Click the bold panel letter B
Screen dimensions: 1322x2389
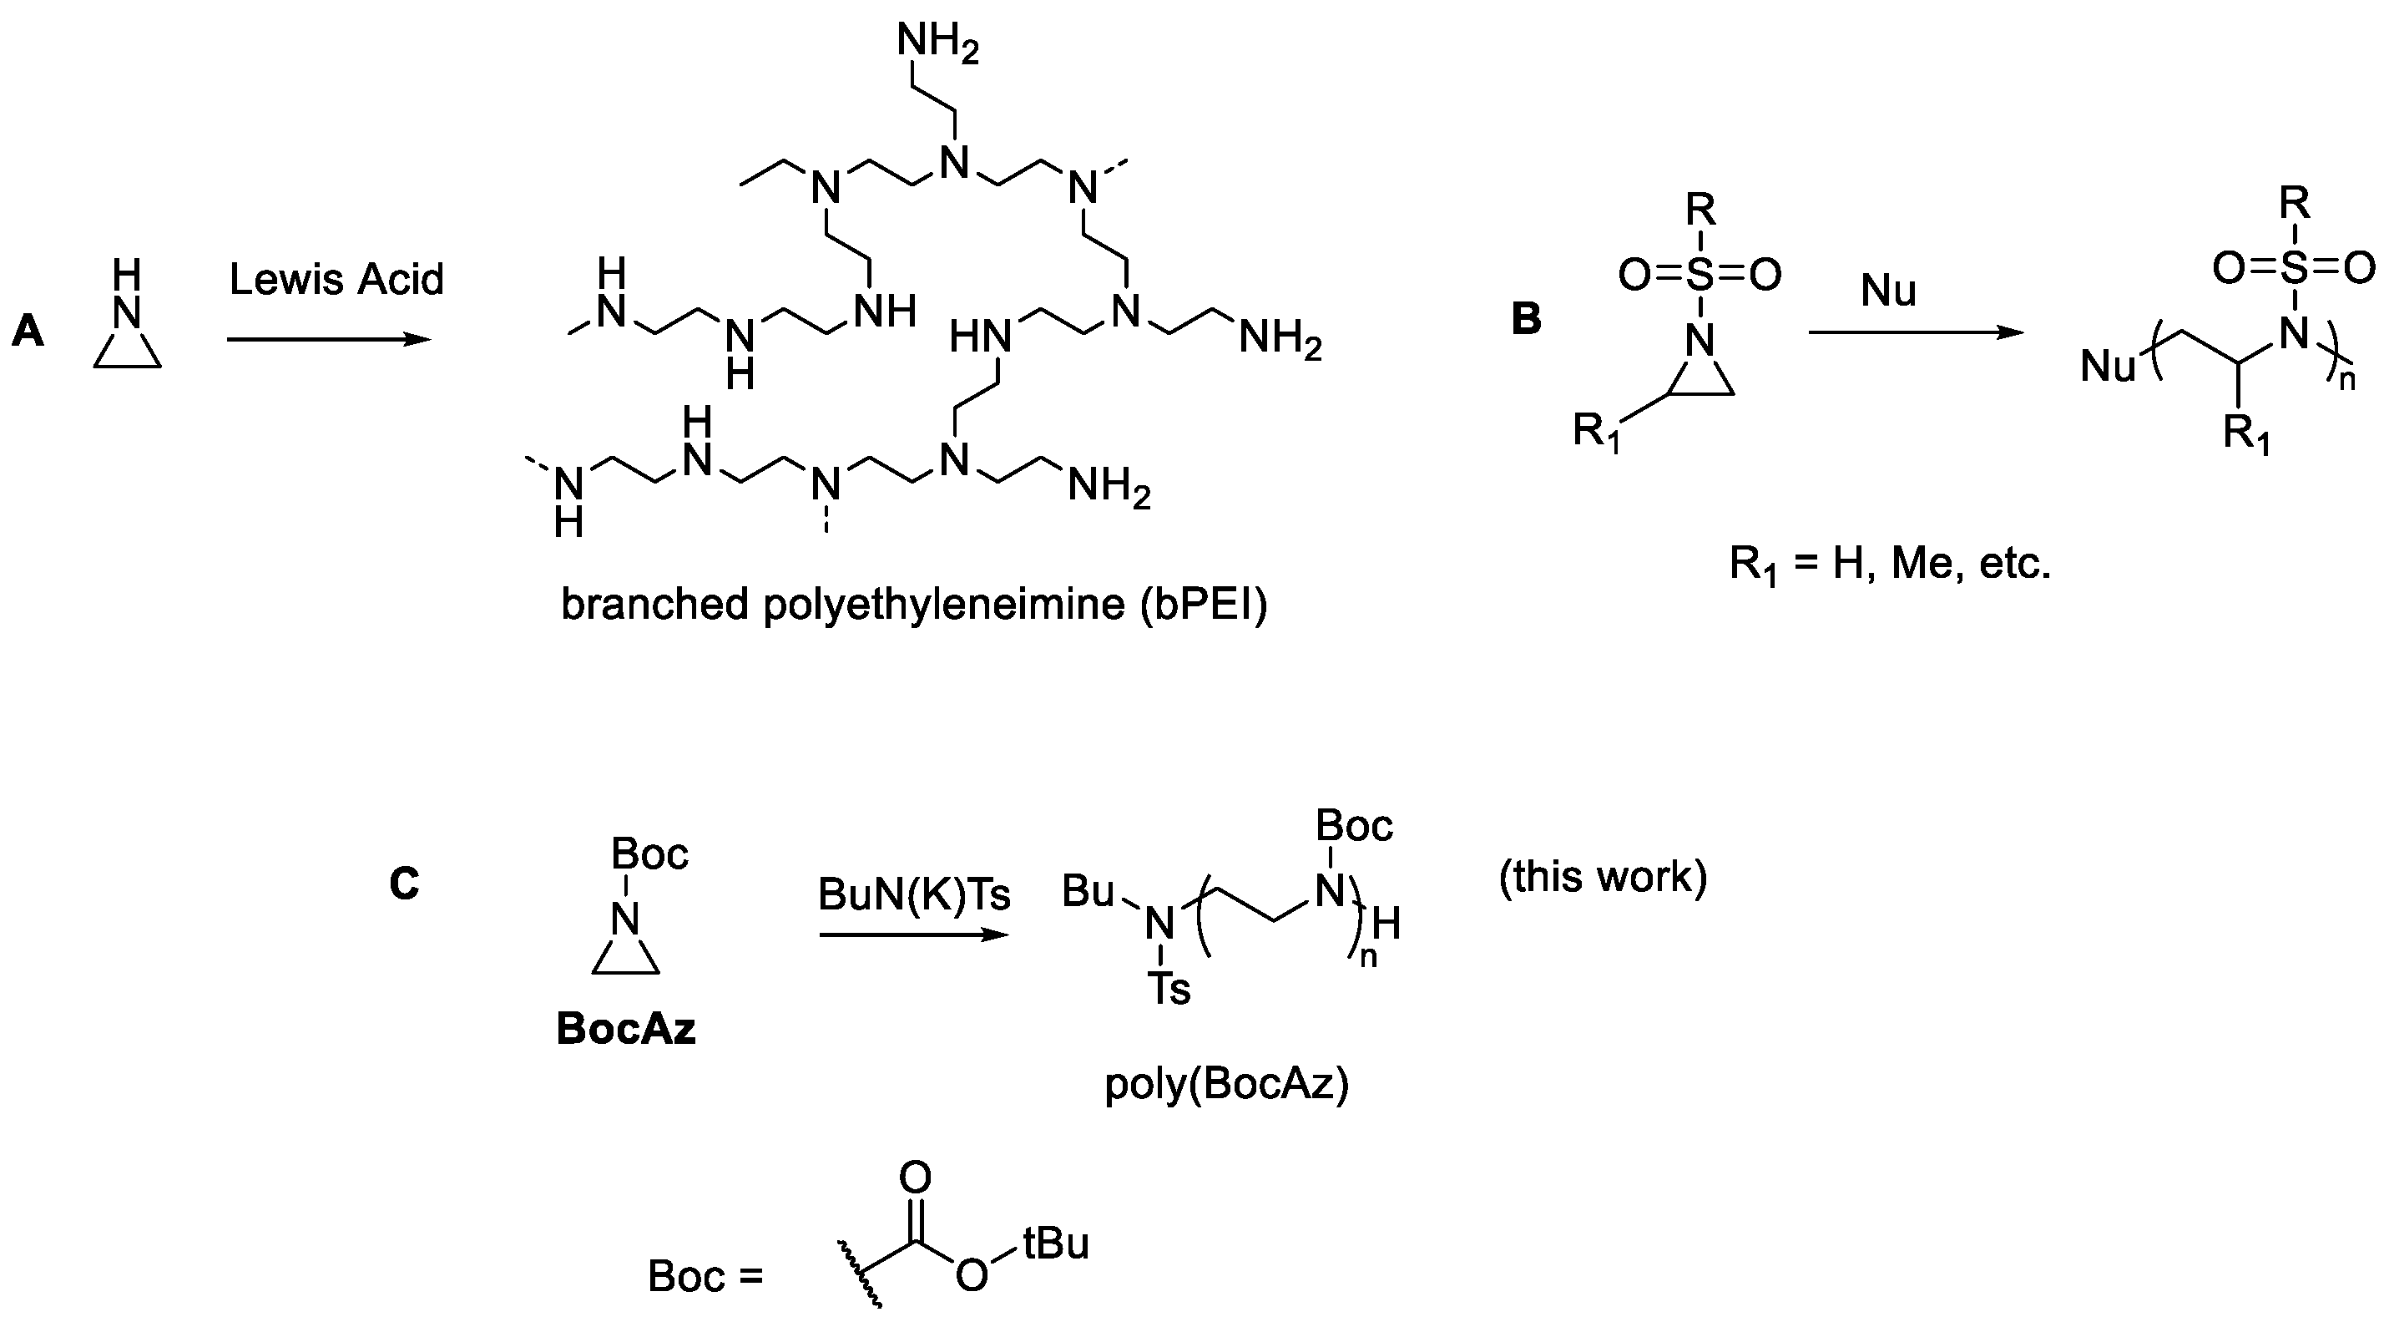[x=1527, y=318]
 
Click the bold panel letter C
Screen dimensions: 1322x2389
[x=404, y=884]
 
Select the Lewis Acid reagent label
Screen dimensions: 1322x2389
[x=336, y=279]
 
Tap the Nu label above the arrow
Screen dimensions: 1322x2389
[x=1888, y=291]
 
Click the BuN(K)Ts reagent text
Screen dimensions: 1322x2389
[x=913, y=894]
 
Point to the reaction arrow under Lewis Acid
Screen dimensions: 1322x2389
[x=329, y=340]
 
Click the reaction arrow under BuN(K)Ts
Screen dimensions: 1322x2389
[x=913, y=935]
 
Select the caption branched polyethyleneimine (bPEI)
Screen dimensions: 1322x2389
[x=914, y=605]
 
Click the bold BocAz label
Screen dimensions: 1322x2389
[x=626, y=1029]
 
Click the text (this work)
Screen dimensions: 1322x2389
[x=1603, y=876]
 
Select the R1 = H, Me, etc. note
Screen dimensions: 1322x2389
[x=1890, y=563]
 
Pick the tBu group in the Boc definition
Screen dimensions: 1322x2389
[x=1055, y=1244]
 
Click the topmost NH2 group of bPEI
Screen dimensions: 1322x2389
[x=937, y=43]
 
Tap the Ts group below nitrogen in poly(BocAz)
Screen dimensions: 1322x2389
[x=1169, y=989]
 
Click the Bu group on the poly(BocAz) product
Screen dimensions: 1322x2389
[x=1088, y=892]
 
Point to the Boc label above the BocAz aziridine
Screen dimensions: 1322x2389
[x=649, y=853]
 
